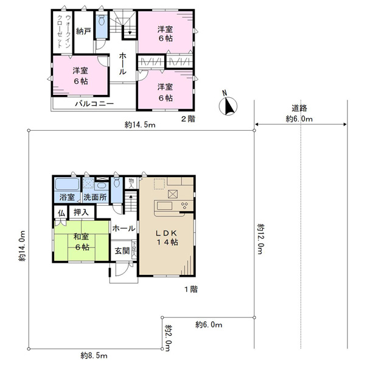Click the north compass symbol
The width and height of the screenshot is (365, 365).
pyautogui.click(x=228, y=106)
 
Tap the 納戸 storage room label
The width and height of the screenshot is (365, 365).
pyautogui.click(x=83, y=31)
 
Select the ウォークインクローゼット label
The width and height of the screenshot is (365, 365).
pyautogui.click(x=63, y=32)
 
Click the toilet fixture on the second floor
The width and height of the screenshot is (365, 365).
pyautogui.click(x=102, y=21)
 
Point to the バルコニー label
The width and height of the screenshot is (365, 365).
pyautogui.click(x=94, y=103)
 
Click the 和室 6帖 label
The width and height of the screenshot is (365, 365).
pyautogui.click(x=82, y=242)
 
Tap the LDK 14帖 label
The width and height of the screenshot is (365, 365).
pyautogui.click(x=167, y=238)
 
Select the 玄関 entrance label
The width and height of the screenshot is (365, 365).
pyautogui.click(x=122, y=251)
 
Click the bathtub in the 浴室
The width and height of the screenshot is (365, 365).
pyautogui.click(x=68, y=184)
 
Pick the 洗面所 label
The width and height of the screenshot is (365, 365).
pyautogui.click(x=95, y=197)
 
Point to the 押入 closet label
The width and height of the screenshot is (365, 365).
pyautogui.click(x=81, y=212)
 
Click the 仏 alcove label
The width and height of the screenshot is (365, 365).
pyautogui.click(x=61, y=213)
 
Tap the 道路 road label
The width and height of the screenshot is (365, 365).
pyautogui.click(x=299, y=108)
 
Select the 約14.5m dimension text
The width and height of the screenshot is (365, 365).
pyautogui.click(x=140, y=125)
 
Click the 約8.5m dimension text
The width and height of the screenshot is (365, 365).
pyautogui.click(x=94, y=355)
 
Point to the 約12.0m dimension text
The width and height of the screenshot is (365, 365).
pyautogui.click(x=261, y=239)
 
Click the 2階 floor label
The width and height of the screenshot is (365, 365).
pyautogui.click(x=189, y=119)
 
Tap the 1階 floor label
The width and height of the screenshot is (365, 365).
pyautogui.click(x=191, y=290)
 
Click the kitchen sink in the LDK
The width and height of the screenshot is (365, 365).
pyautogui.click(x=165, y=206)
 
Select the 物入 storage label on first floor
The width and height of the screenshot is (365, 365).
pyautogui.click(x=131, y=183)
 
